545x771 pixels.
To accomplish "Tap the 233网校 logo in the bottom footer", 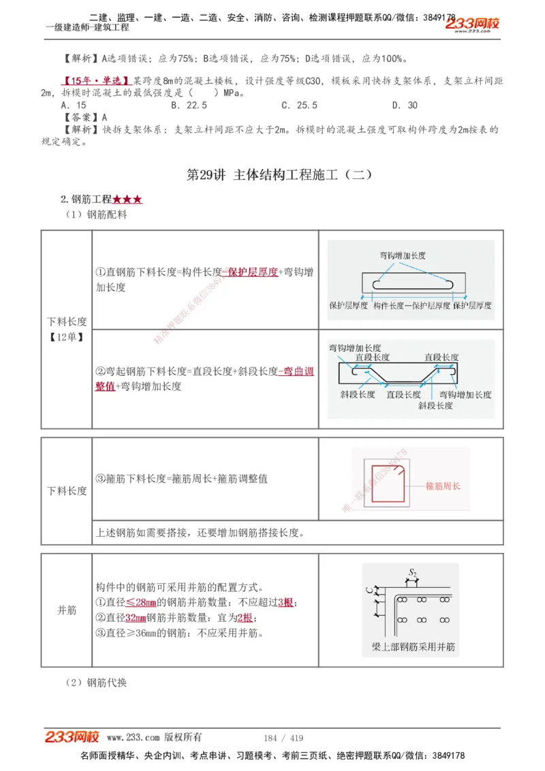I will click(72, 737).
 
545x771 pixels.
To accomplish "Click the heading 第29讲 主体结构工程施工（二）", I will click(279, 174).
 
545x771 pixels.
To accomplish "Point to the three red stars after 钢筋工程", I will click(127, 200).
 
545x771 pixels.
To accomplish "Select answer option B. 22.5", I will click(189, 106).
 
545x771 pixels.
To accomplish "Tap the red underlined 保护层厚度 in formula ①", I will click(250, 272).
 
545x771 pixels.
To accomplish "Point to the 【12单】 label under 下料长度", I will click(67, 336).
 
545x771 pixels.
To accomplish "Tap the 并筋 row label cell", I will click(67, 610).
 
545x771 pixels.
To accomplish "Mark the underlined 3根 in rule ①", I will click(286, 603).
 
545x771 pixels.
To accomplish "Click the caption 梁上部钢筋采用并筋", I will click(410, 646).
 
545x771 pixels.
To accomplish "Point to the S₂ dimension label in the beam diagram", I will click(412, 573).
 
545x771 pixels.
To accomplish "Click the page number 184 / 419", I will click(283, 738).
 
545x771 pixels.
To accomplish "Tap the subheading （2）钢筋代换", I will click(96, 682).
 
